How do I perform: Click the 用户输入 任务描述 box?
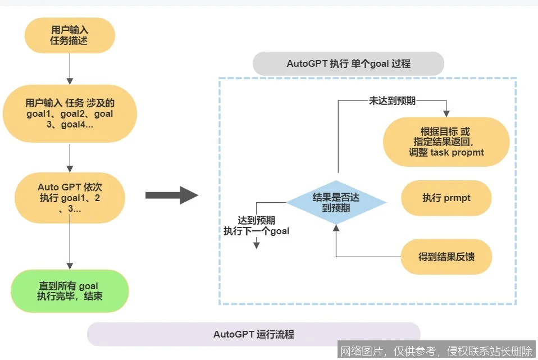(x=70, y=35)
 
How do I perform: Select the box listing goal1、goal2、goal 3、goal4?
(x=70, y=114)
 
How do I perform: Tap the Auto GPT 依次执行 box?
(x=70, y=198)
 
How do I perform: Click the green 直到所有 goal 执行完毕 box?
(x=70, y=290)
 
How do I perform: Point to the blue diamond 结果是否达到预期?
(x=336, y=203)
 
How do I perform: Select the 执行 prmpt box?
(x=446, y=198)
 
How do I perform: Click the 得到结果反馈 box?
(x=446, y=257)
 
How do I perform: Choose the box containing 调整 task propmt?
(x=446, y=142)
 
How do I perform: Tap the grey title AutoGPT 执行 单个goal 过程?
(x=348, y=64)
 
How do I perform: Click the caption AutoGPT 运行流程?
(x=253, y=334)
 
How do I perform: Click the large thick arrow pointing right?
(x=171, y=195)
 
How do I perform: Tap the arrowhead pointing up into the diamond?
(x=336, y=228)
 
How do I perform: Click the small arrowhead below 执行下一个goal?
(x=257, y=245)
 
